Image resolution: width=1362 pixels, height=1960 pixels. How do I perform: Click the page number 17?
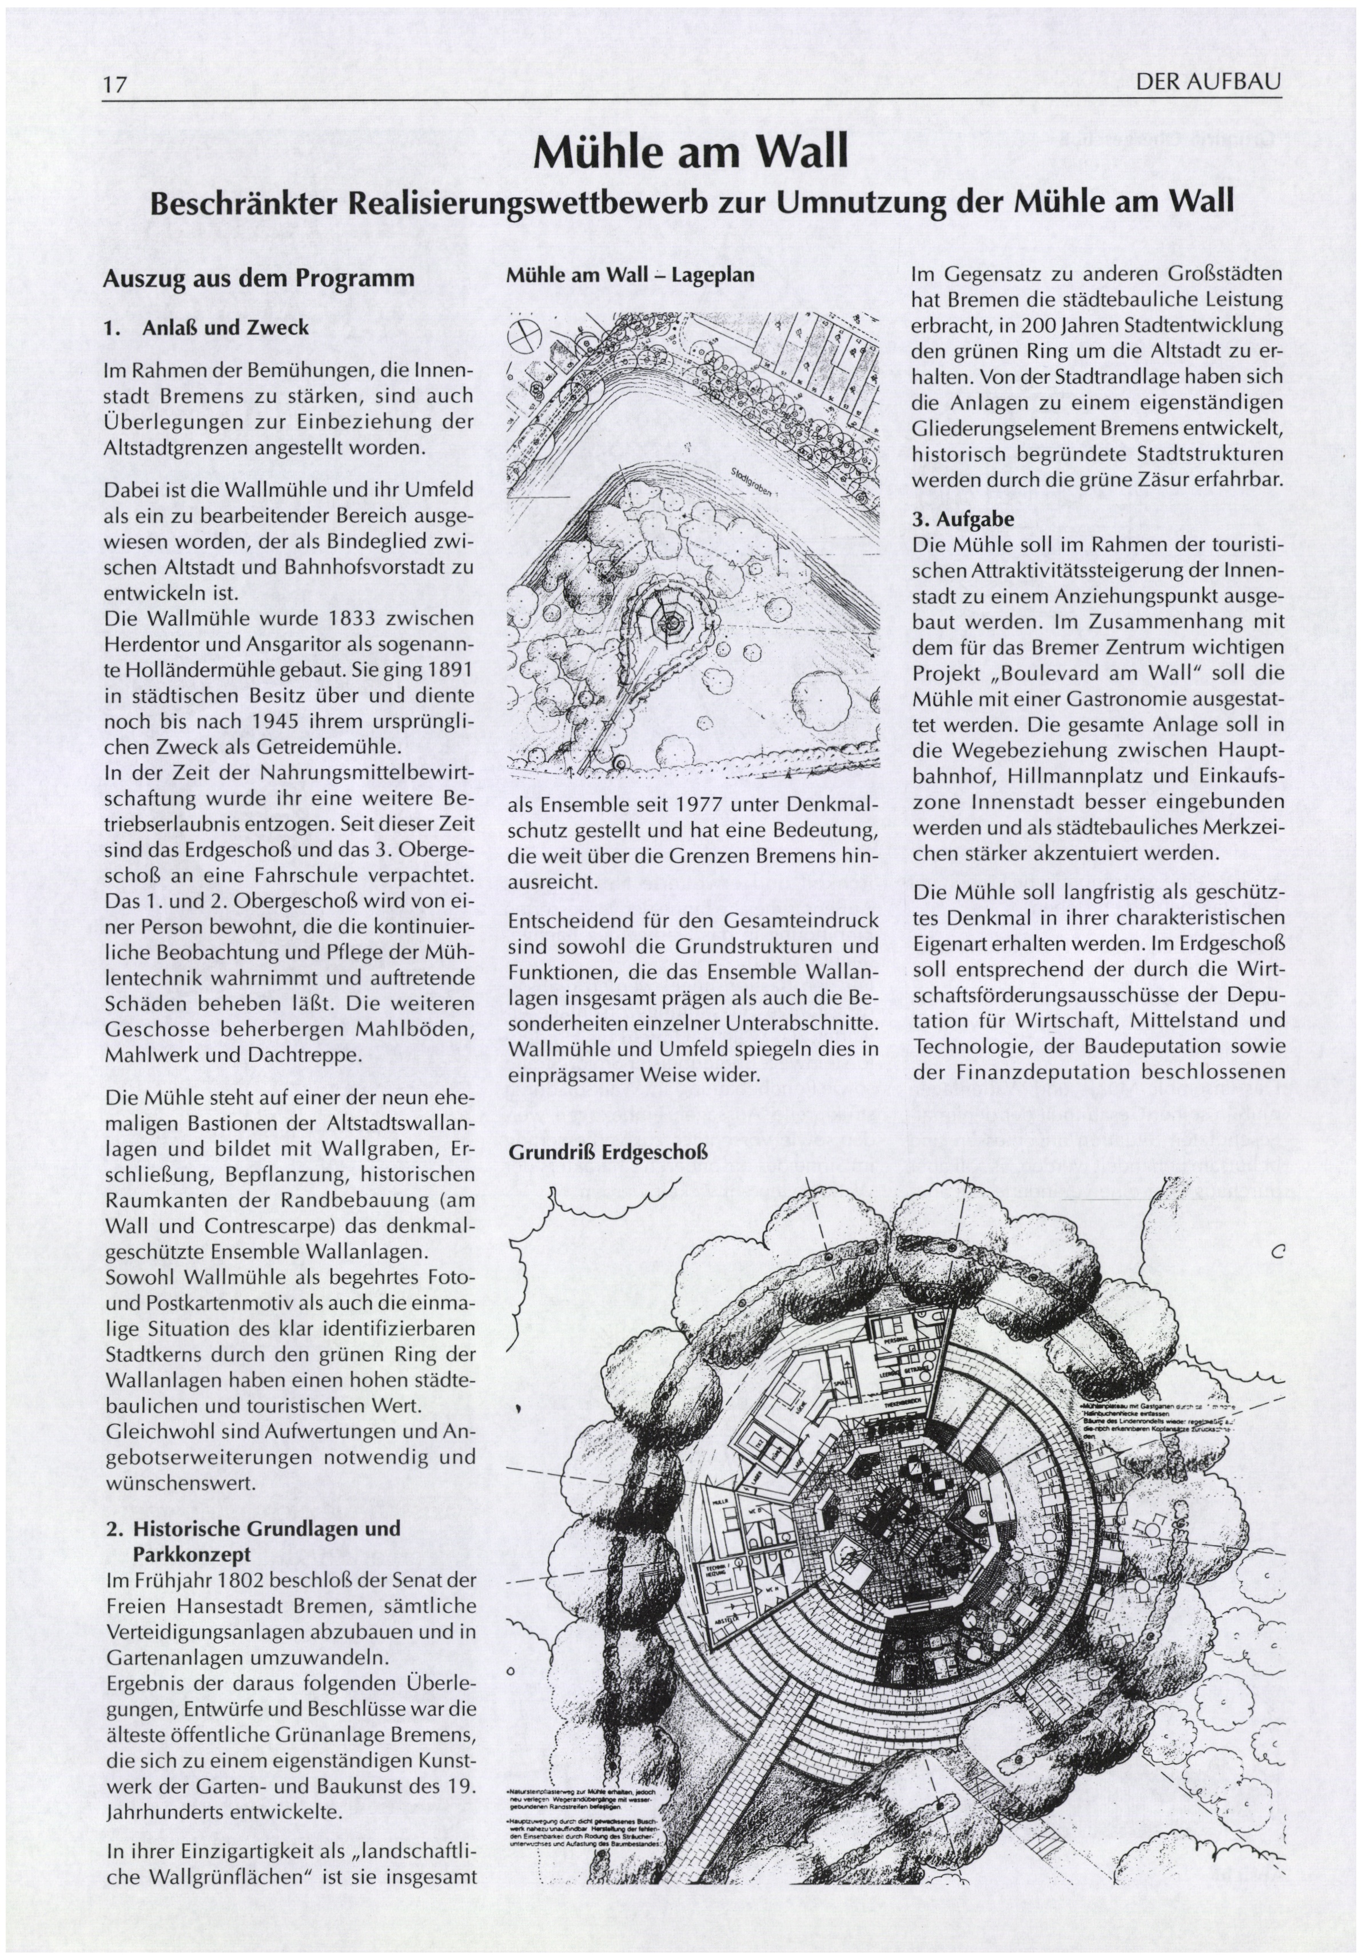[x=114, y=85]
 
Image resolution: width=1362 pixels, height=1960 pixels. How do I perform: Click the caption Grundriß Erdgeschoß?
[x=608, y=1152]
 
